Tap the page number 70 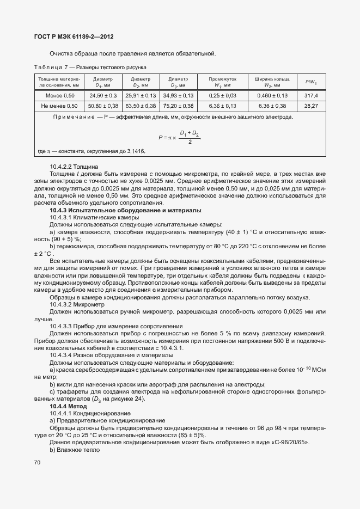38,462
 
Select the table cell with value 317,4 311,96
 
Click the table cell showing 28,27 311,106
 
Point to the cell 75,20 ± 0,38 178,106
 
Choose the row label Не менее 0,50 59,106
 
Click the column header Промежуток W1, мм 222,82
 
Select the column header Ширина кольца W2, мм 269,82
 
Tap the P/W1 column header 311,82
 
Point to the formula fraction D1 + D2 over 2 189,137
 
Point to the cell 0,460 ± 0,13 269,96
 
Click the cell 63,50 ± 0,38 141,106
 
